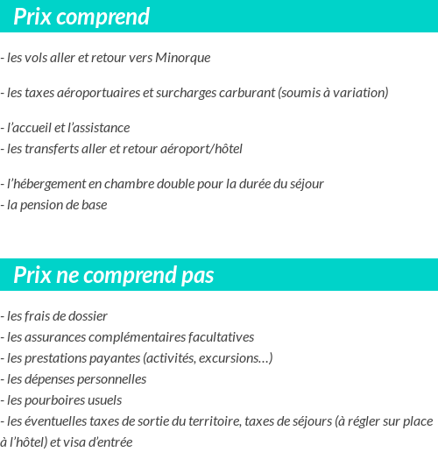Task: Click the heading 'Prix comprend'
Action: [x=81, y=18]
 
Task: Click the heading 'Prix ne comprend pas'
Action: [x=114, y=276]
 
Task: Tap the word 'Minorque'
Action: [x=182, y=59]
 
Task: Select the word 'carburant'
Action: [x=248, y=93]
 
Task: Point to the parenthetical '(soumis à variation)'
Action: [x=333, y=93]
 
